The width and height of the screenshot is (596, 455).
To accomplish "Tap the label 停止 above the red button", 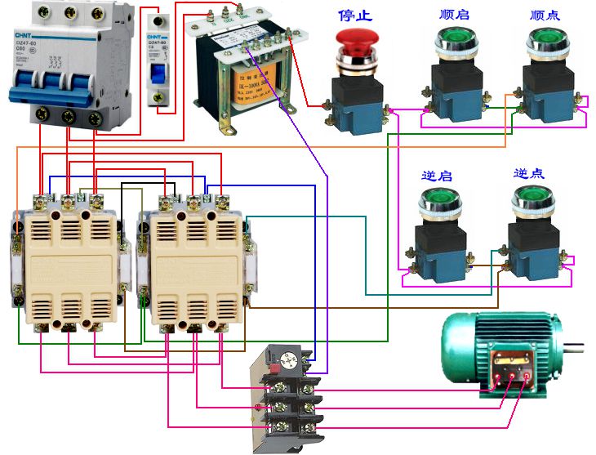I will [355, 15].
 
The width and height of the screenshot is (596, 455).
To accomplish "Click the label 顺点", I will [545, 15].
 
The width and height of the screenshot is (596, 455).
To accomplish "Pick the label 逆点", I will [529, 174].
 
